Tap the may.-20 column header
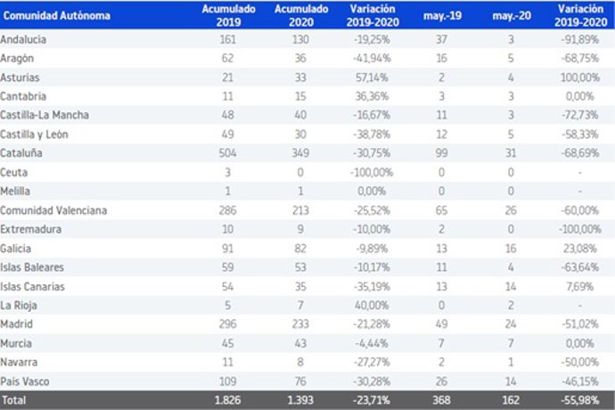[x=507, y=16]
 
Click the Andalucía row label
[x=24, y=41]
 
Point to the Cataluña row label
[x=21, y=153]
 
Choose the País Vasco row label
[x=24, y=379]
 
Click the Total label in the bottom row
[x=15, y=398]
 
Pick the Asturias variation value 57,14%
[x=369, y=78]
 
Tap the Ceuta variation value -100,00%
[x=365, y=172]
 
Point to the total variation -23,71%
[x=367, y=398]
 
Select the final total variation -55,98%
[x=580, y=398]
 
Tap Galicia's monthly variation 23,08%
[x=582, y=248]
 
